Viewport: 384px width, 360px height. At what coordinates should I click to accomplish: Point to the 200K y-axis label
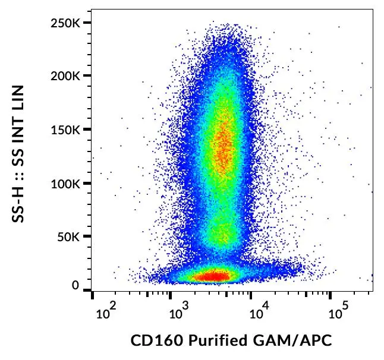click(x=66, y=76)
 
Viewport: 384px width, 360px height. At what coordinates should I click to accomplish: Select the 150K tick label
click(x=66, y=130)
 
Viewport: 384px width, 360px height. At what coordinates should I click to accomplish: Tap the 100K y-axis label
click(x=66, y=183)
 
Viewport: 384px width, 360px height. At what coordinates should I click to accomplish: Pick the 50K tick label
click(x=69, y=236)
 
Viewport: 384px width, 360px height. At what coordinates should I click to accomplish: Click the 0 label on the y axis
click(x=75, y=286)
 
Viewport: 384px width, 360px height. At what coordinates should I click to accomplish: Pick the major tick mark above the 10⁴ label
click(x=251, y=294)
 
